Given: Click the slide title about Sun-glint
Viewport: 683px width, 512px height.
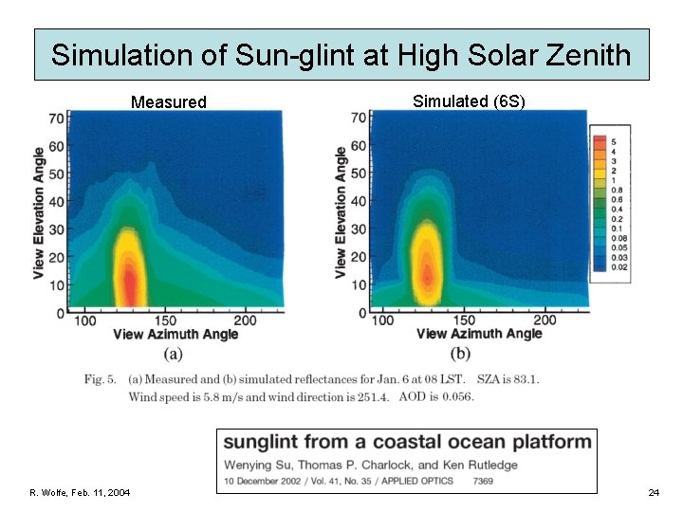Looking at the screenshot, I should click(x=341, y=54).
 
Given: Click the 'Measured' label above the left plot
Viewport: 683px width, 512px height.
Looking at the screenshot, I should click(x=168, y=101).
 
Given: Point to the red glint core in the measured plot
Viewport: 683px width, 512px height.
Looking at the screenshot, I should click(x=126, y=281).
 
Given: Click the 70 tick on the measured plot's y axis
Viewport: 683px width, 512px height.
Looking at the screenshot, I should click(x=58, y=119).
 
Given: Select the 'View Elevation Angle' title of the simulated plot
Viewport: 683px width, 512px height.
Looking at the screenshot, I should click(x=341, y=211).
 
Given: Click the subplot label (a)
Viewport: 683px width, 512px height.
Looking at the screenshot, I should click(x=173, y=354).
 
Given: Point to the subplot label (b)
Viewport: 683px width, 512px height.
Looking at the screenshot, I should click(x=461, y=354).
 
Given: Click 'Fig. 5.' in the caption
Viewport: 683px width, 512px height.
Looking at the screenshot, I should click(x=101, y=380).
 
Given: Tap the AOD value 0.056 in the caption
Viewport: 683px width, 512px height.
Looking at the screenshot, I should click(x=455, y=396).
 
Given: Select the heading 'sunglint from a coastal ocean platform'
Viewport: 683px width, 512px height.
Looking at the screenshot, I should click(x=407, y=442).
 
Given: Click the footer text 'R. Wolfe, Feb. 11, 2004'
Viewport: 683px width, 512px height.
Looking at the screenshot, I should click(x=81, y=492).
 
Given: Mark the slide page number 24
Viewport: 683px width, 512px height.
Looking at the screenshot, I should click(x=654, y=492).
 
